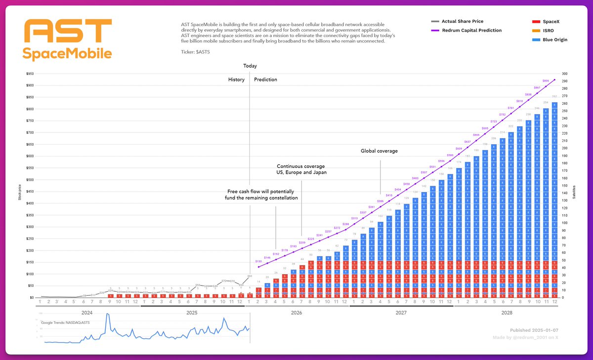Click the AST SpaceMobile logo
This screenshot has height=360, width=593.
(68, 40)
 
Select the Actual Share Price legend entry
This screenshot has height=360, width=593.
(462, 22)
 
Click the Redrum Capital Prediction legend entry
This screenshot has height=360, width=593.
(471, 31)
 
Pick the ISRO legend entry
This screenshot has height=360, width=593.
(547, 31)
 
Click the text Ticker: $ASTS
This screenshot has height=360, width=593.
(196, 51)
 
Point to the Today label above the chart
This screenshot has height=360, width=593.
(250, 66)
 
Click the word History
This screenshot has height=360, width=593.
(236, 80)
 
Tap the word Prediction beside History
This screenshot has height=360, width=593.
(265, 80)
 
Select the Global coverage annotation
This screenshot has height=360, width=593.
(379, 151)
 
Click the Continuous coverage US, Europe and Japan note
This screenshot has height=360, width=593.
(301, 169)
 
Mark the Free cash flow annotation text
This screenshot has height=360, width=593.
(262, 194)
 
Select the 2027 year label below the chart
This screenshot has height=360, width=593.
(401, 313)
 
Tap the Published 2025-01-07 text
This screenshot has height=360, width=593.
(534, 330)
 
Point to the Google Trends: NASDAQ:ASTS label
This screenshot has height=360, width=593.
(66, 322)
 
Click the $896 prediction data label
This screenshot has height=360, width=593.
(546, 80)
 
